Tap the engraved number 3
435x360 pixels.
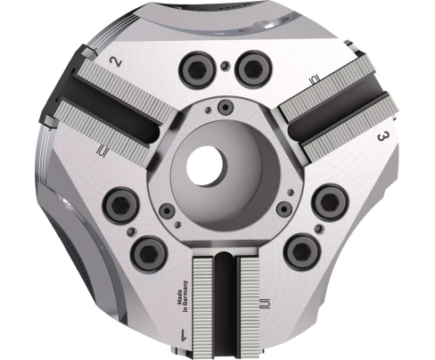tap(381, 136)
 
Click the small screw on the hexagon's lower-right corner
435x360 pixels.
tap(283, 208)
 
